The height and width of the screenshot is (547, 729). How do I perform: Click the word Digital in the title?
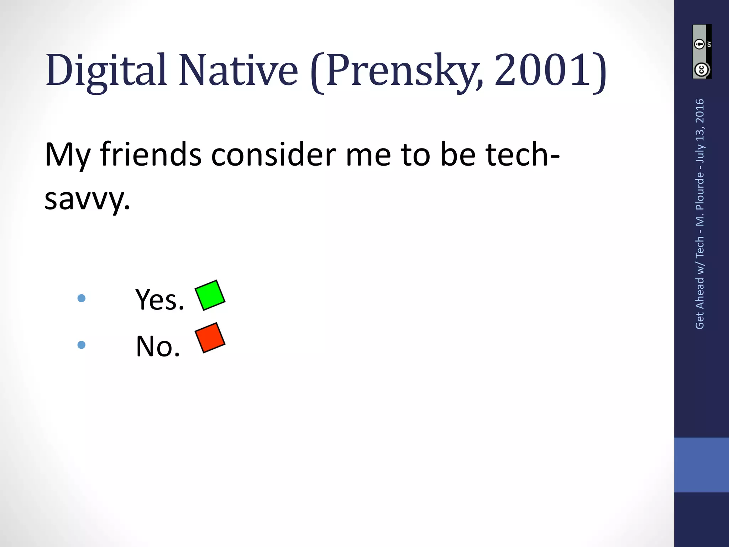coord(106,71)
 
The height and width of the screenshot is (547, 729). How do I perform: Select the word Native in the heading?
coord(238,71)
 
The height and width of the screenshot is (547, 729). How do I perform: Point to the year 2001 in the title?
coord(542,71)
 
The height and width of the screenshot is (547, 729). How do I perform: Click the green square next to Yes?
coord(210,295)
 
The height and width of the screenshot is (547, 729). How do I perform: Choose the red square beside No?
coord(210,338)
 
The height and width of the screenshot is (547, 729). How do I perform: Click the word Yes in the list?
coord(159,300)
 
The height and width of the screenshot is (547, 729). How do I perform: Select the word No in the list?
coord(158,346)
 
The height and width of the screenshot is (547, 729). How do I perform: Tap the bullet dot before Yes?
coord(82,298)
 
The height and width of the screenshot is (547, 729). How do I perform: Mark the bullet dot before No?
coord(82,345)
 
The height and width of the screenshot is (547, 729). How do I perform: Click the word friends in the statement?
coord(151,155)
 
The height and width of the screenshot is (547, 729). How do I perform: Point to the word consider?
coord(273,155)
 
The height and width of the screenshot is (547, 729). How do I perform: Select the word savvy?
coord(87,199)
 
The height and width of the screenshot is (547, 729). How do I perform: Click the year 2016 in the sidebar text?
coord(700,111)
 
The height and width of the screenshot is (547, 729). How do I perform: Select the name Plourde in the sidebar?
coord(700,191)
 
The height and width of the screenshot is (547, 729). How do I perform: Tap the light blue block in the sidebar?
coord(701,465)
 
